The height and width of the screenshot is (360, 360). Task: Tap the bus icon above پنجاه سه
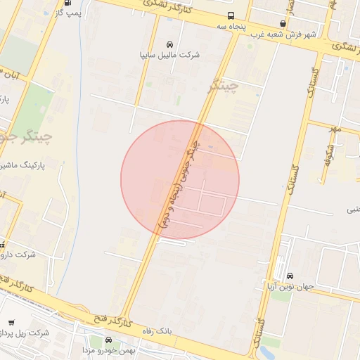[231, 16]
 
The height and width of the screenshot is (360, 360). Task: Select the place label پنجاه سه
[231, 27]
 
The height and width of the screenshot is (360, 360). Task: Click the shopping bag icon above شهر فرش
[283, 23]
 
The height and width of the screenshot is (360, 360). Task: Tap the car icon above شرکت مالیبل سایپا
[169, 44]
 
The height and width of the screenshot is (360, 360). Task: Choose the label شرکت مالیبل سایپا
[170, 54]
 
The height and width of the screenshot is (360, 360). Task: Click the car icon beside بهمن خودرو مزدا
[108, 340]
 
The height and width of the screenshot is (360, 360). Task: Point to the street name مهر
[337, 129]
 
